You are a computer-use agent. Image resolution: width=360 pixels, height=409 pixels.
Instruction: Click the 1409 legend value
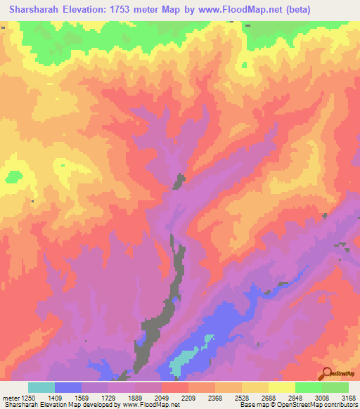click(x=68, y=398)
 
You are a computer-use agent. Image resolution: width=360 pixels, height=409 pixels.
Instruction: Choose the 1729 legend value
click(x=122, y=398)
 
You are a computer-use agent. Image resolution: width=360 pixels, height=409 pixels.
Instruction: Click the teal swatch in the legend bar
click(x=41, y=387)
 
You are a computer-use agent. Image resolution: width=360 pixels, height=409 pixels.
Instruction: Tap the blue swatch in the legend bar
click(x=68, y=387)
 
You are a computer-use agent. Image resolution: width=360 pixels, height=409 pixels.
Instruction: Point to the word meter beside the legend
click(x=12, y=398)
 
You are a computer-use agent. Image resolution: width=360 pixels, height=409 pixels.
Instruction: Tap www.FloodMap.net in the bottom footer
click(x=149, y=405)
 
